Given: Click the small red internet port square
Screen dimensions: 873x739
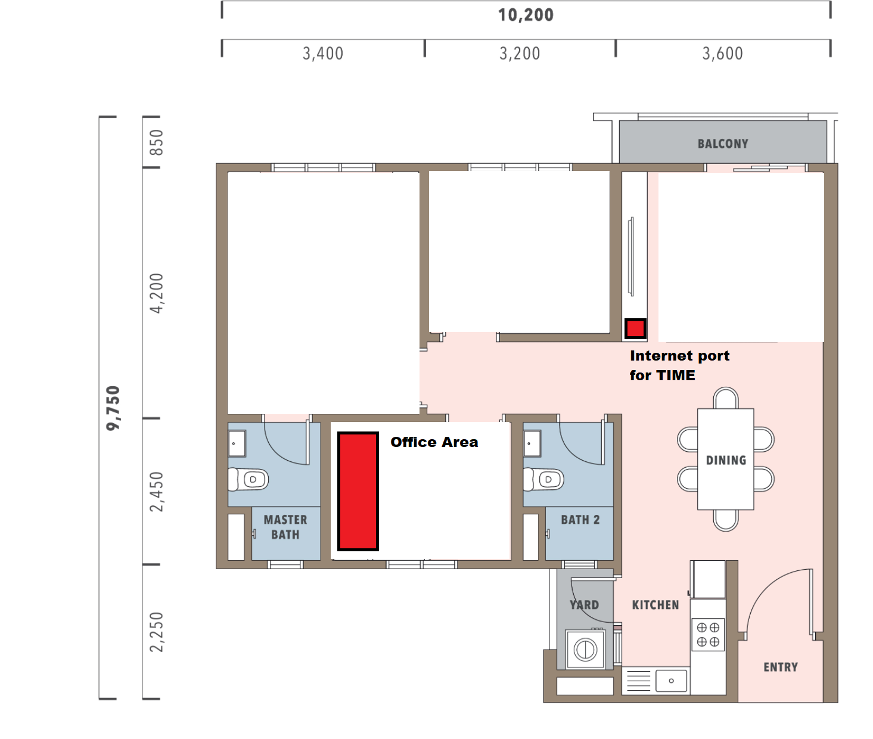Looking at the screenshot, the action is coord(635,329).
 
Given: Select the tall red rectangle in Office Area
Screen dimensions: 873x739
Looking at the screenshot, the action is coord(358,492).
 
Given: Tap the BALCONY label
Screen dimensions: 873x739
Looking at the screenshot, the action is coord(723,144).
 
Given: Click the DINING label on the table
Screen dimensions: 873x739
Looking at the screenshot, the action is coord(726,460).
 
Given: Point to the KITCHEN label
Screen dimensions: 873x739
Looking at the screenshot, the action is coord(655,605).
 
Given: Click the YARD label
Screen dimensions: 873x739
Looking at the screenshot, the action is coord(584,605).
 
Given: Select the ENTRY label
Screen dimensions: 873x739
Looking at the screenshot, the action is coord(781,667).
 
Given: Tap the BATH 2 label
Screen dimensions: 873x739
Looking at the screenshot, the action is coord(580,520).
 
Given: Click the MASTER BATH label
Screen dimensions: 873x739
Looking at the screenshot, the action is coord(285,527).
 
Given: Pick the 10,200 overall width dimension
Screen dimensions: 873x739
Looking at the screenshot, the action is coord(526,15).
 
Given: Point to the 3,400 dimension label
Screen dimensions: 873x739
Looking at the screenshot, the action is coord(323,54).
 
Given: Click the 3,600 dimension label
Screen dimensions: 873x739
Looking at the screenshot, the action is coord(723,54).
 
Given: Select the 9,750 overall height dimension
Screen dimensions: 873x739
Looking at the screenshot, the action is coord(113,408).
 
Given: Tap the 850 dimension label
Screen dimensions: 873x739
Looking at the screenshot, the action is coord(157,142).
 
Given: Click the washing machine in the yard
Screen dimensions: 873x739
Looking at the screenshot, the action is coord(585,649).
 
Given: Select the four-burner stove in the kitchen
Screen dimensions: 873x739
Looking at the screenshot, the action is coord(709,635).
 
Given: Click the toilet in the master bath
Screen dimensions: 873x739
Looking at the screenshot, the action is coord(248,480).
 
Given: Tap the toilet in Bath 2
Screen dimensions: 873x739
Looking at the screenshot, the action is coord(543,480).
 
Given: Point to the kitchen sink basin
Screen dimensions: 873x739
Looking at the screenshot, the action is coord(671,681).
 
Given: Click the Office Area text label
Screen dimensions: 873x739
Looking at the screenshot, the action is coord(434,442).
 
